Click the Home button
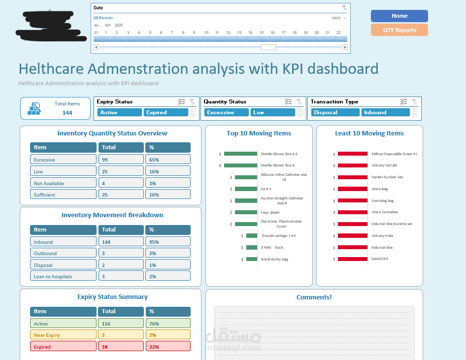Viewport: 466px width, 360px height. coord(399,16)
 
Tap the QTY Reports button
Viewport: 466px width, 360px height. coord(399,30)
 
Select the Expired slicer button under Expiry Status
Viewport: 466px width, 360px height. coord(166,112)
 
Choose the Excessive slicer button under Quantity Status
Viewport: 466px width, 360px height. coord(226,112)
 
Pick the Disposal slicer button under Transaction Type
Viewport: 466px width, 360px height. coord(335,112)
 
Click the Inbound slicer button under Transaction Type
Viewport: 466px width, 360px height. coord(385,112)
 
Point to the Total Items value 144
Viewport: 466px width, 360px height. coord(67,113)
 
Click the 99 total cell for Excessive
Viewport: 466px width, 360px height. coord(121,160)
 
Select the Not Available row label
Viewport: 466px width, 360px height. coord(63,183)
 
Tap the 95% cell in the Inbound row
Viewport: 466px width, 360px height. coord(167,242)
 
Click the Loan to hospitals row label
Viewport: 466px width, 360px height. coord(63,276)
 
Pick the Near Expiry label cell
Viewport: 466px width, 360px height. coord(63,335)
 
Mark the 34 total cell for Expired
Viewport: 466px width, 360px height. coord(121,347)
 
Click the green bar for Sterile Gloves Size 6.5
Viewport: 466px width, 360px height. coord(240,154)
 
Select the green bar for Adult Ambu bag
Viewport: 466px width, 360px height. coord(252,259)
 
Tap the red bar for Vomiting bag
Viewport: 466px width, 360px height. coord(352,200)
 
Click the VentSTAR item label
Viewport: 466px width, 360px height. coord(380,259)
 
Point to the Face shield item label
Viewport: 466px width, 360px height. coord(270,212)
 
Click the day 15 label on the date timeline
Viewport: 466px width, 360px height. coord(261,33)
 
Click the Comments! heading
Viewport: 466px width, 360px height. coord(314,297)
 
